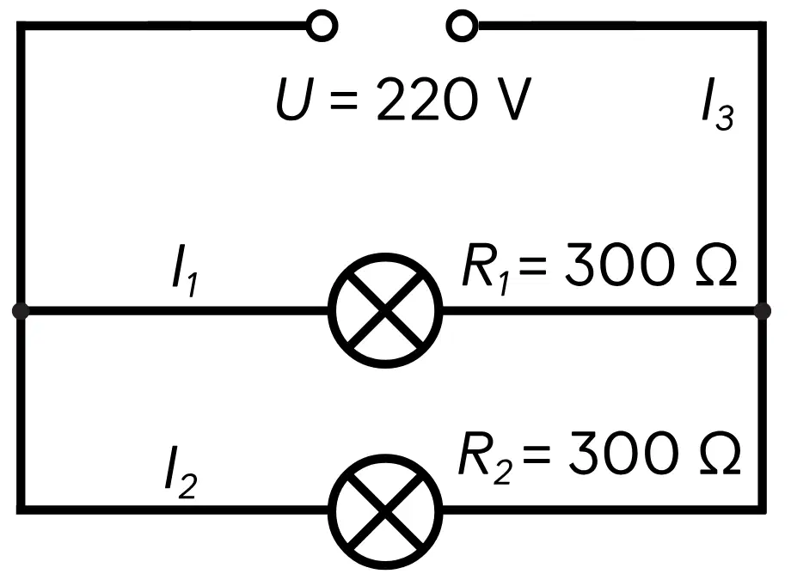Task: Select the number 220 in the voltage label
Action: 426,99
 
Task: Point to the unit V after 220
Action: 511,99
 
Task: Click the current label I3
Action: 718,105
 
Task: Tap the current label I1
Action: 185,271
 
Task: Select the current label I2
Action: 181,473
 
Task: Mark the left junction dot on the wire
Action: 21,311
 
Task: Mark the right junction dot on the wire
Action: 763,311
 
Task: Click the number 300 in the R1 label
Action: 620,265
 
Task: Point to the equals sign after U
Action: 344,100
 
